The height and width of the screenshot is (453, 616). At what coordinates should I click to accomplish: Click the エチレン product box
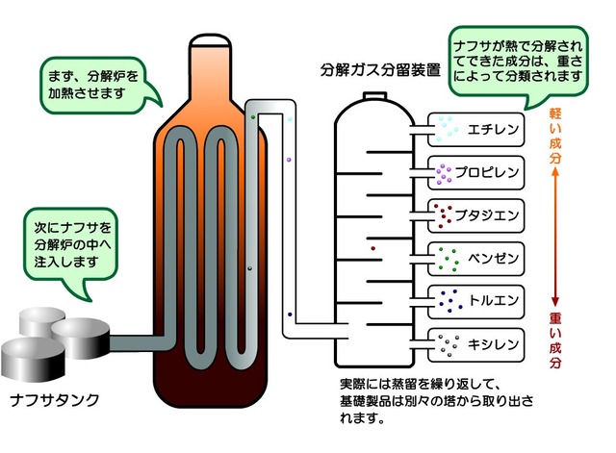point(475,128)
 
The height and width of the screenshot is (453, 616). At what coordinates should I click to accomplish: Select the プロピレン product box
point(475,173)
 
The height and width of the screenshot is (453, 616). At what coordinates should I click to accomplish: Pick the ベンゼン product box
point(475,260)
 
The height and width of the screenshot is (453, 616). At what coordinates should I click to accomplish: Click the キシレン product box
point(475,343)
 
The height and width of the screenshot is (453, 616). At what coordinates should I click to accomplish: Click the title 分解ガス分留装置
point(376,71)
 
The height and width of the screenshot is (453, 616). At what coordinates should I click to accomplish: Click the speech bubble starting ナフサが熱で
point(521,56)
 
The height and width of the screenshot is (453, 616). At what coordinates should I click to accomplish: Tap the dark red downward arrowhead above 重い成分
point(554,300)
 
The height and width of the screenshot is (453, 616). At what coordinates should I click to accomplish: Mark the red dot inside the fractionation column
point(372,250)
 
